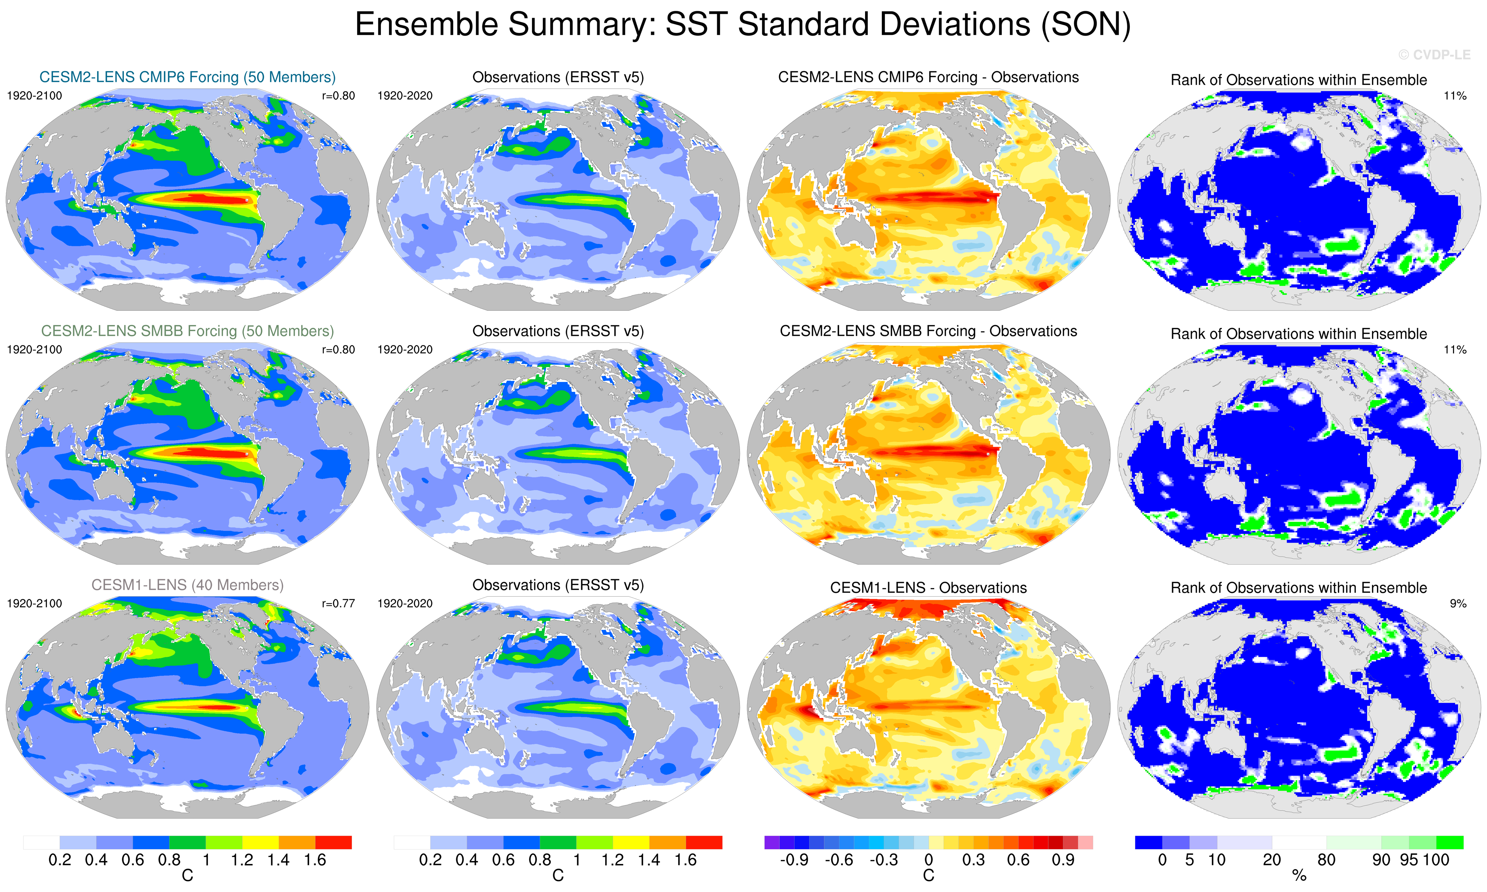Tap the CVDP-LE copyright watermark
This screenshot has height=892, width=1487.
point(1434,55)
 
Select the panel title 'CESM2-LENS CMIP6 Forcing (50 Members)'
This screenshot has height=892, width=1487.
point(187,77)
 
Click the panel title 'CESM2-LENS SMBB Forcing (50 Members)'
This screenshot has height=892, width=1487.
point(187,331)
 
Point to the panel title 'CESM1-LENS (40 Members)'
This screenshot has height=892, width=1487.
point(187,585)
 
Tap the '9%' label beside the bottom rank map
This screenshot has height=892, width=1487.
point(1458,604)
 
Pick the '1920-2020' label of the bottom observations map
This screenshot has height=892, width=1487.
point(405,604)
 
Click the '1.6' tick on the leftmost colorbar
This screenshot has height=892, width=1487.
point(315,860)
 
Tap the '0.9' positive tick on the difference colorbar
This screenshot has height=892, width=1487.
point(1063,860)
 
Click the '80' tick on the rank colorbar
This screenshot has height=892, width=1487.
point(1326,860)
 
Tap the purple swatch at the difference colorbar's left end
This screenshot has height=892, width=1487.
point(772,842)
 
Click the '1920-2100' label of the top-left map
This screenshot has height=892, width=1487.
point(34,95)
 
